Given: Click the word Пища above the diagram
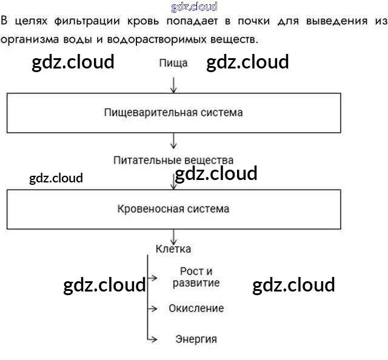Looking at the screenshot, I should (x=173, y=63).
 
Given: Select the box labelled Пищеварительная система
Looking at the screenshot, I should (x=173, y=113).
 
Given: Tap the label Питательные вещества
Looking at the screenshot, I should (x=173, y=160).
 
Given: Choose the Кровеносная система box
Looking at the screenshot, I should (x=173, y=209).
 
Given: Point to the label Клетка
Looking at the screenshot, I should (x=173, y=248).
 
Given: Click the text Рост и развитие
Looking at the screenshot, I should (x=196, y=278).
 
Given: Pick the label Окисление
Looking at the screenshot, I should (x=196, y=308).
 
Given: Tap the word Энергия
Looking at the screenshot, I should (x=196, y=339).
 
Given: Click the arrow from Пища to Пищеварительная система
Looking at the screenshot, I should (x=174, y=84).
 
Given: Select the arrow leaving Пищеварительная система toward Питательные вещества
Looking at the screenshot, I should (x=174, y=141).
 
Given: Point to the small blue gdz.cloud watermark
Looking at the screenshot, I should (x=194, y=7).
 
